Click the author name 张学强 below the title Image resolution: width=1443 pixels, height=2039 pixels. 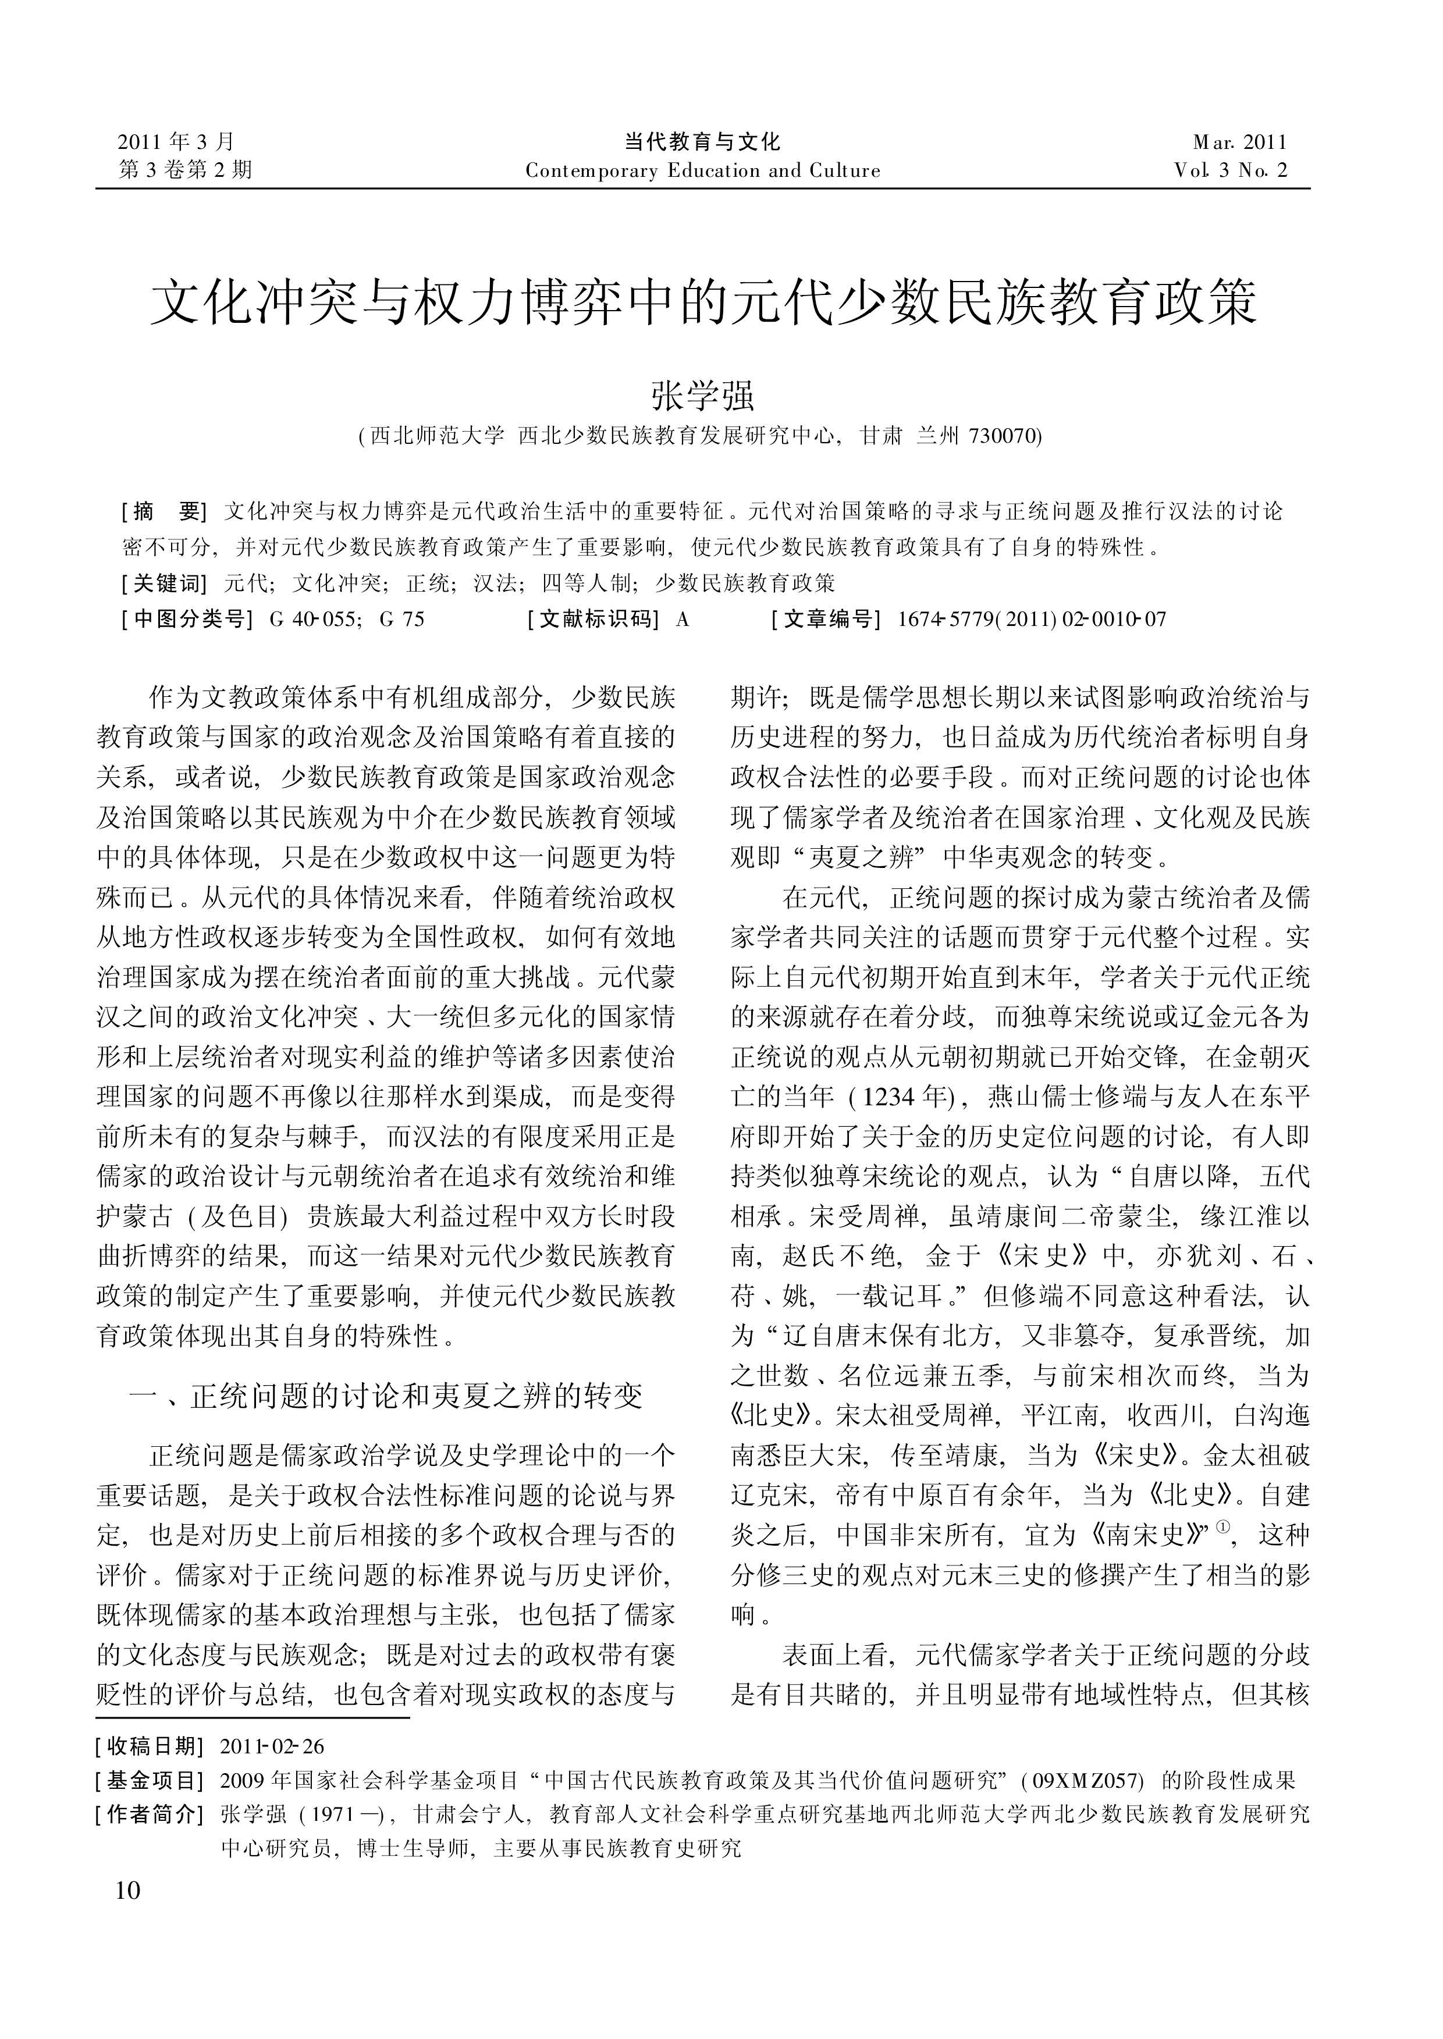coord(703,396)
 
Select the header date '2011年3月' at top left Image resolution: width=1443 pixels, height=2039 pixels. coord(177,141)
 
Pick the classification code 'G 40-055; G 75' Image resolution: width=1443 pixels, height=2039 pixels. coord(347,619)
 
